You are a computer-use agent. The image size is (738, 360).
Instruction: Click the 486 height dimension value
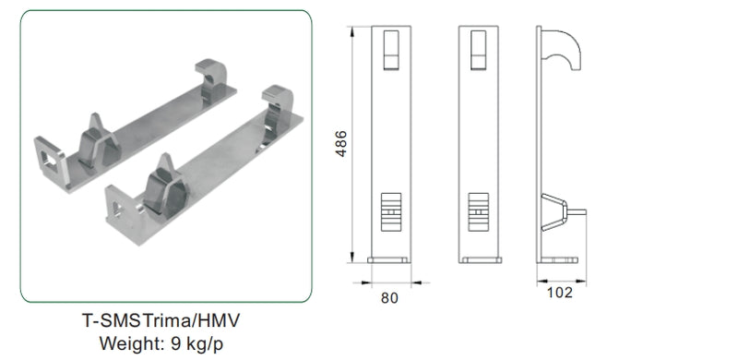click(x=341, y=144)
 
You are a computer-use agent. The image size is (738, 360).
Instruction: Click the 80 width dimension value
click(x=389, y=298)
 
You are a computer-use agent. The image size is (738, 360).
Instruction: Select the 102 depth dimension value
click(x=560, y=293)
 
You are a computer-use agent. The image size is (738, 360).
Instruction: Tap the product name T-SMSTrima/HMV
click(x=161, y=321)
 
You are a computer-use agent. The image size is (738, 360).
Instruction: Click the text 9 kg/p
click(x=196, y=343)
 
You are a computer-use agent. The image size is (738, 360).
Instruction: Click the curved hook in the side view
click(x=562, y=50)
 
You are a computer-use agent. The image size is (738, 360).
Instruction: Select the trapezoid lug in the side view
click(x=555, y=212)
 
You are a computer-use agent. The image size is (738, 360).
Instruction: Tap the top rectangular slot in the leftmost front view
click(x=391, y=50)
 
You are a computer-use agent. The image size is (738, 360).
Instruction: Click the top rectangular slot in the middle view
click(x=478, y=50)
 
